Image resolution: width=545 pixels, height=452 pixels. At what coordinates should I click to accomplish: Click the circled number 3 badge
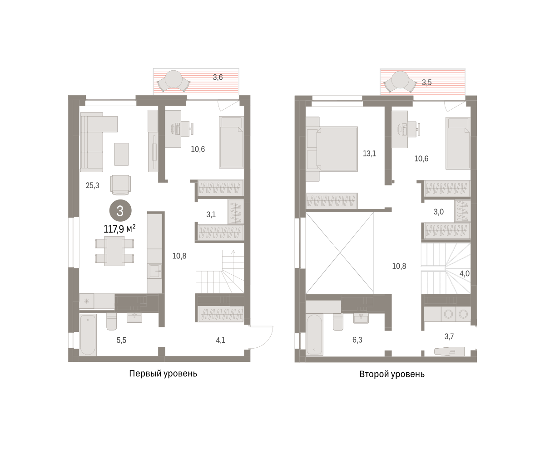pyautogui.click(x=120, y=210)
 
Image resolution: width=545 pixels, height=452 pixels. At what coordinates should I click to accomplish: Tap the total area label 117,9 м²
pyautogui.click(x=119, y=229)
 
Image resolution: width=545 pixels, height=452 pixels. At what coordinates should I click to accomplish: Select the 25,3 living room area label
pyautogui.click(x=92, y=185)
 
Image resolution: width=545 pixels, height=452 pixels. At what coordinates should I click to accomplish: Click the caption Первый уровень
pyautogui.click(x=163, y=374)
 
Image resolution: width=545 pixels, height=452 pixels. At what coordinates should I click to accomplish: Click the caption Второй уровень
pyautogui.click(x=392, y=374)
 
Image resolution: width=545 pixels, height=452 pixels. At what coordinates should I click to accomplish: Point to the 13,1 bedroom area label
pyautogui.click(x=369, y=154)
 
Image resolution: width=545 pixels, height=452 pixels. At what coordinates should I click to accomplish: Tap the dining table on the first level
pyautogui.click(x=114, y=251)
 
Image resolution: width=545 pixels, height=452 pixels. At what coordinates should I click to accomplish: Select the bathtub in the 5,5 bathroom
pyautogui.click(x=88, y=335)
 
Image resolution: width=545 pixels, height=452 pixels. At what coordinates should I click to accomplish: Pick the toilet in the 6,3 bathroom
pyautogui.click(x=338, y=322)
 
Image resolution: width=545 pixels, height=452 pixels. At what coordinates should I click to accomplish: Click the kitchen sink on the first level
pyautogui.click(x=154, y=271)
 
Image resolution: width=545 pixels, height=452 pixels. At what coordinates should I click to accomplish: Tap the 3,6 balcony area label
pyautogui.click(x=218, y=78)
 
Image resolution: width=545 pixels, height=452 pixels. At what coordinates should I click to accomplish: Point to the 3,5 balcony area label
pyautogui.click(x=427, y=83)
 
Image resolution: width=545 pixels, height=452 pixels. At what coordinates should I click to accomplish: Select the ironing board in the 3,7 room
pyautogui.click(x=450, y=351)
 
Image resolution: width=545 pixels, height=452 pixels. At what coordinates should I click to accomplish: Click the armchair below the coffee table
pyautogui.click(x=120, y=185)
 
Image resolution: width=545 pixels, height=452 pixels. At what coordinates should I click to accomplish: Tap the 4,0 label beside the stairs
pyautogui.click(x=465, y=273)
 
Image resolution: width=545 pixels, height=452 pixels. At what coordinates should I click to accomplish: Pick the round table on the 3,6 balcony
pyautogui.click(x=173, y=79)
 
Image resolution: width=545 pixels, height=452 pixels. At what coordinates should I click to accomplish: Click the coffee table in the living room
pyautogui.click(x=121, y=154)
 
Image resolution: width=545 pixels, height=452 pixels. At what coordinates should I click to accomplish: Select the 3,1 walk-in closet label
pyautogui.click(x=211, y=215)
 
